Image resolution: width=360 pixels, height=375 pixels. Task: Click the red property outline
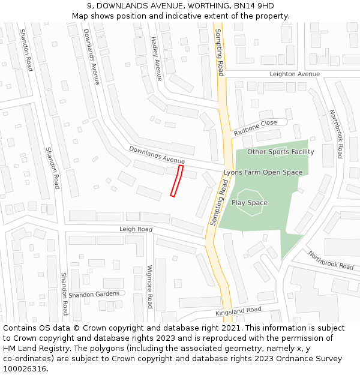click(176, 181)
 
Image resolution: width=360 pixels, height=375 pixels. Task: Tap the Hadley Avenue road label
click(156, 58)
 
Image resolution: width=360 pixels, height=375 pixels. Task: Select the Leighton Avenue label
click(295, 74)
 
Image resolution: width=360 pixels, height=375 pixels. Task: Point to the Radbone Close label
click(255, 127)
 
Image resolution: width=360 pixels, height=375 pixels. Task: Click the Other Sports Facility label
click(280, 152)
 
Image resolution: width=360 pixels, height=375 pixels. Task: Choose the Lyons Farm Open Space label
click(263, 173)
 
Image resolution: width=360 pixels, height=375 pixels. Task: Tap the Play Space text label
click(250, 203)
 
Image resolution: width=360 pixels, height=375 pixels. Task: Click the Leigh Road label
click(136, 229)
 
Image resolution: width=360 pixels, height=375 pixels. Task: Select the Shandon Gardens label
click(94, 295)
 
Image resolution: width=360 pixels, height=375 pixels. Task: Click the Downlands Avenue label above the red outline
click(157, 155)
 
